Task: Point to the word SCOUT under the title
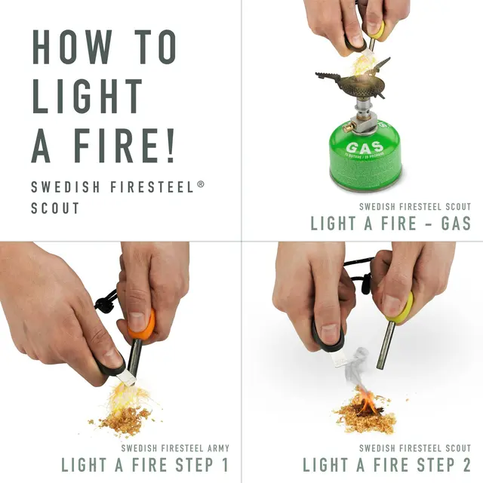55,208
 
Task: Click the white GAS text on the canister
365,147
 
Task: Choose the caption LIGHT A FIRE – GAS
390,223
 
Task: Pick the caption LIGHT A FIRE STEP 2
386,464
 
